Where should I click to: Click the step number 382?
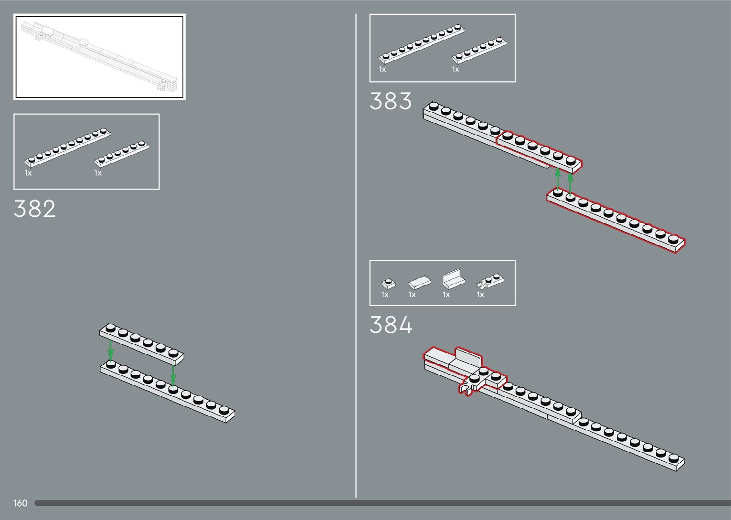[34, 209]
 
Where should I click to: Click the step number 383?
[391, 102]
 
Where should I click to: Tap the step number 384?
[391, 326]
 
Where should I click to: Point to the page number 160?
[21, 503]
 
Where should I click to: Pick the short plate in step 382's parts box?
[122, 153]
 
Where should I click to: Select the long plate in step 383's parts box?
[422, 44]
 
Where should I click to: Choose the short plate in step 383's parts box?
[479, 50]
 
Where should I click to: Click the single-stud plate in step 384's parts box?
[389, 283]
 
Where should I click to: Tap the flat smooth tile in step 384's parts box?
[420, 283]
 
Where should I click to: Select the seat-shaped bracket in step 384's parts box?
[454, 279]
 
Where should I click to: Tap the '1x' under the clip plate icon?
[480, 295]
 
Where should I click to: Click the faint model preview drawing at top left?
[99, 56]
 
